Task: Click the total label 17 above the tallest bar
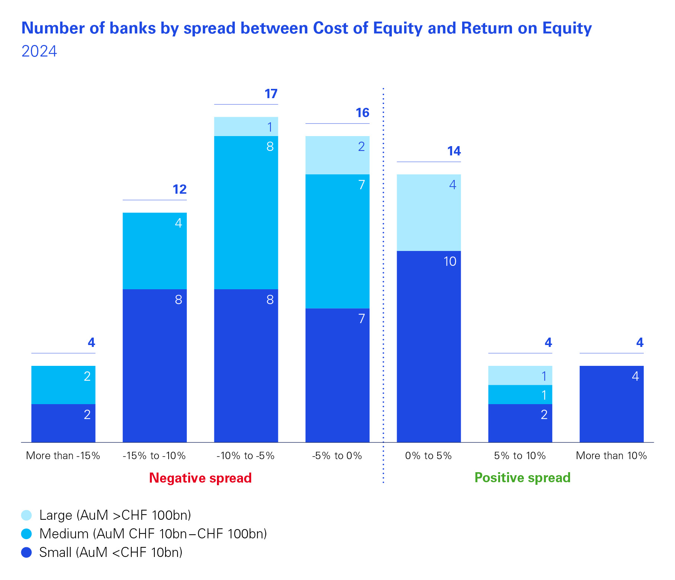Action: click(271, 94)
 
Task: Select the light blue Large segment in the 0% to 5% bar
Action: click(429, 213)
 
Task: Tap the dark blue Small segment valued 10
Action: click(429, 347)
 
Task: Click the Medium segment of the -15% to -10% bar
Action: click(154, 251)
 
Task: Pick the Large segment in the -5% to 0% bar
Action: click(337, 155)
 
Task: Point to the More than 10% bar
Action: click(611, 404)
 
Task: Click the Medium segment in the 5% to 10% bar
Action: click(520, 394)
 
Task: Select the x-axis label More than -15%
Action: click(63, 456)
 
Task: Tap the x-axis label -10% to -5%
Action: click(246, 456)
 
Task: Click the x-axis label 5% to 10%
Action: click(520, 456)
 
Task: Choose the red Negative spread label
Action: click(200, 478)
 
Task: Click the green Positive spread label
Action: click(522, 478)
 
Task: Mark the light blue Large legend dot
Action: click(26, 515)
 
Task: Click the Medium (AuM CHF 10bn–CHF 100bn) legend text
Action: click(153, 534)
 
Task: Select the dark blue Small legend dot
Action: click(26, 552)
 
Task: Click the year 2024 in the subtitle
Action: click(39, 51)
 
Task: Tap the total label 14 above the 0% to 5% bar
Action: click(454, 151)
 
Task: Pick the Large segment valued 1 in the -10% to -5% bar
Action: click(246, 126)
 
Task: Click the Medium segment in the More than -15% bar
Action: click(63, 385)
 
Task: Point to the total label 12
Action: click(179, 190)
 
